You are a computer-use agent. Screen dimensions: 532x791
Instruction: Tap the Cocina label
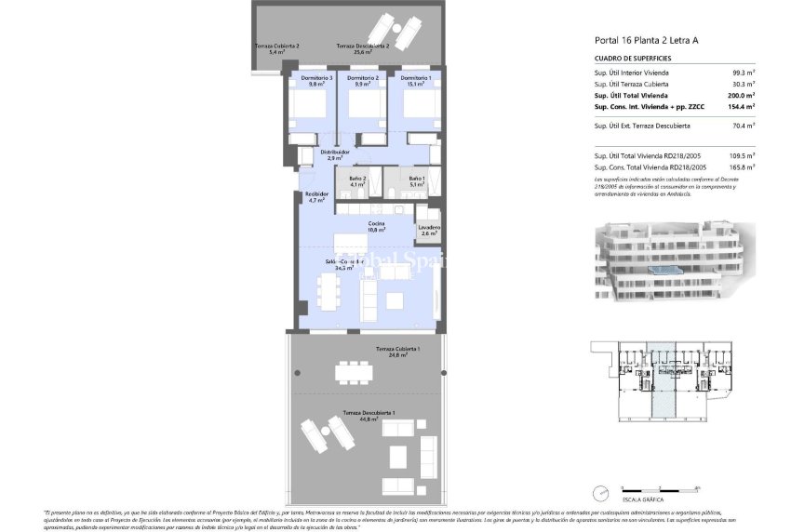376,226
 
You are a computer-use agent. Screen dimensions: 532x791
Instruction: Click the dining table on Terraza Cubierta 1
354,373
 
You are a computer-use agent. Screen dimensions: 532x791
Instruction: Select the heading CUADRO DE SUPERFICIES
633,58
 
